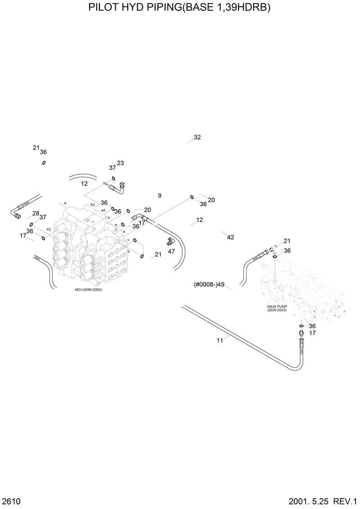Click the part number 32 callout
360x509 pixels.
tap(197, 137)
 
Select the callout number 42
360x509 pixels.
tap(230, 237)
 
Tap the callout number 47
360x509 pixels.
tap(171, 251)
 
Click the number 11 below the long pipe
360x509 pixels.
tap(220, 340)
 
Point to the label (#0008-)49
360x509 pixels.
tap(209, 284)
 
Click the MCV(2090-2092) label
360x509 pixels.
tap(89, 289)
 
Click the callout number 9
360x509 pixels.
tap(159, 195)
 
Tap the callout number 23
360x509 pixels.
tap(121, 163)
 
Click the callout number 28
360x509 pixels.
tap(36, 213)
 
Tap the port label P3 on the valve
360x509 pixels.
tap(92, 204)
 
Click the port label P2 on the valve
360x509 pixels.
tap(49, 230)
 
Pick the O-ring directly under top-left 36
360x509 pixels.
tap(44, 162)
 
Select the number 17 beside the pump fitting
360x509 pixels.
tap(312, 333)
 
